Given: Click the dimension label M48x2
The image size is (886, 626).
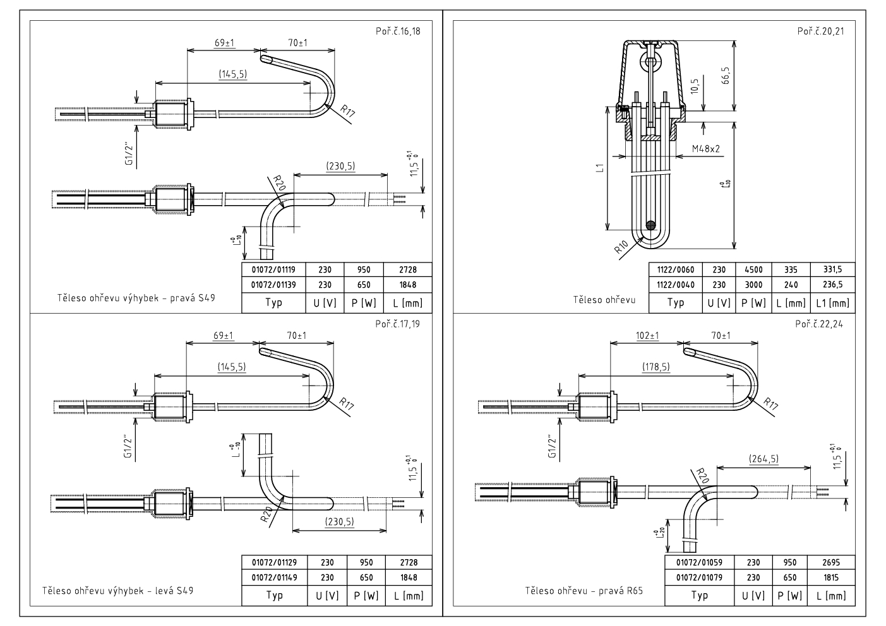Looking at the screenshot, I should click(707, 149).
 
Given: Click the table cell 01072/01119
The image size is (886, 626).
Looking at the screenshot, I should click(273, 269).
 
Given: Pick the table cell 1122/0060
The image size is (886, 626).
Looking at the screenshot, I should click(675, 269).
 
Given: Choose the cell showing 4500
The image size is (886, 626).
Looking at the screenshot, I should click(753, 269).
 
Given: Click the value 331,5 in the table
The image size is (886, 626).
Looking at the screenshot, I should click(832, 269).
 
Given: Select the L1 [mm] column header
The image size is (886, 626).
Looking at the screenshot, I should click(832, 303).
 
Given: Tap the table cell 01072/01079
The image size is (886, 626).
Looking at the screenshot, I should click(698, 577).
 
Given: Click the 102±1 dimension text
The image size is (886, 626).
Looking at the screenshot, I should click(647, 336).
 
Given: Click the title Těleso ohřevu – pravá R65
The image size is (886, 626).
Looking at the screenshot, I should click(585, 591).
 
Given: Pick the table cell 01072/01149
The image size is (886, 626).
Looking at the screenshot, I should click(273, 577).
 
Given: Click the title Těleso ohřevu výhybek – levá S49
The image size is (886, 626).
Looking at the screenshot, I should click(117, 591).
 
